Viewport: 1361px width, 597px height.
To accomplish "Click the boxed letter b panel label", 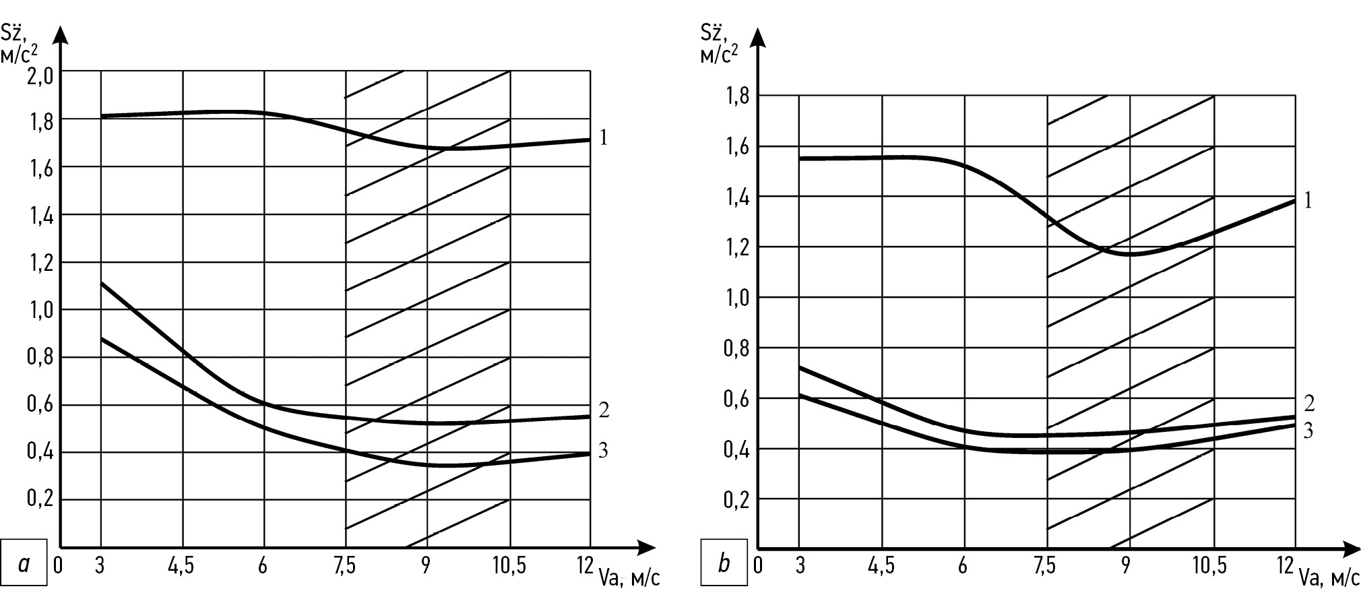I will [x=724, y=562].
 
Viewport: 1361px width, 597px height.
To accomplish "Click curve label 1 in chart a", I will [x=603, y=138].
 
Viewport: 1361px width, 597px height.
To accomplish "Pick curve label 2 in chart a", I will [x=604, y=410].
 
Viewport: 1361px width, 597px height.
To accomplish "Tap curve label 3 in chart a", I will [x=603, y=450].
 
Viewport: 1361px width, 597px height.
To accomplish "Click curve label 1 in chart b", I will [x=1308, y=200].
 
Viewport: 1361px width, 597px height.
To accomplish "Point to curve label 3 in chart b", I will [x=1308, y=431].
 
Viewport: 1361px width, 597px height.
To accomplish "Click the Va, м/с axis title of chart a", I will [x=629, y=578].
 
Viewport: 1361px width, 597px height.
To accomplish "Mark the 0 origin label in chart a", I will [x=58, y=565].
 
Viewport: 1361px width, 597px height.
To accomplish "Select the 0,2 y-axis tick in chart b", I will [x=736, y=500].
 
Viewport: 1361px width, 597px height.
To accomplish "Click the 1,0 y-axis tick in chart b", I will [x=736, y=297].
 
